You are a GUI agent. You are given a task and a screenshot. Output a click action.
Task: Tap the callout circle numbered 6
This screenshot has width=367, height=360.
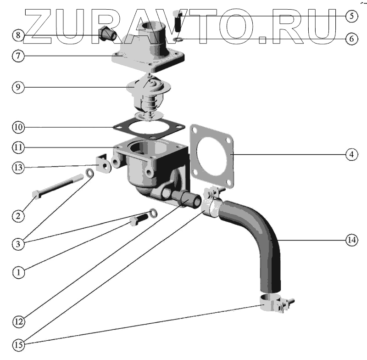[350, 39]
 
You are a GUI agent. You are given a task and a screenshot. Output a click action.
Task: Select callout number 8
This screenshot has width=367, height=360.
[18, 34]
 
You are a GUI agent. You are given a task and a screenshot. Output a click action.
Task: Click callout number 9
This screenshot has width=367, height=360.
[18, 87]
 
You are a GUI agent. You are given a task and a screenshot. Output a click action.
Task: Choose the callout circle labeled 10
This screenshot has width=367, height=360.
[18, 126]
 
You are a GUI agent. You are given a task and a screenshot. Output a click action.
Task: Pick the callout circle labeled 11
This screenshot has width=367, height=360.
[18, 147]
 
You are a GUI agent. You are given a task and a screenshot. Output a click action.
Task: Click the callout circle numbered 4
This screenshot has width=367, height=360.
[350, 155]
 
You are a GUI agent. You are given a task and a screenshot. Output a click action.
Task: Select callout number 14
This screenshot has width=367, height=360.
[351, 240]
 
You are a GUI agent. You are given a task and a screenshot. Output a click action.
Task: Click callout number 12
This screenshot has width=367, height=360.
[18, 321]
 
